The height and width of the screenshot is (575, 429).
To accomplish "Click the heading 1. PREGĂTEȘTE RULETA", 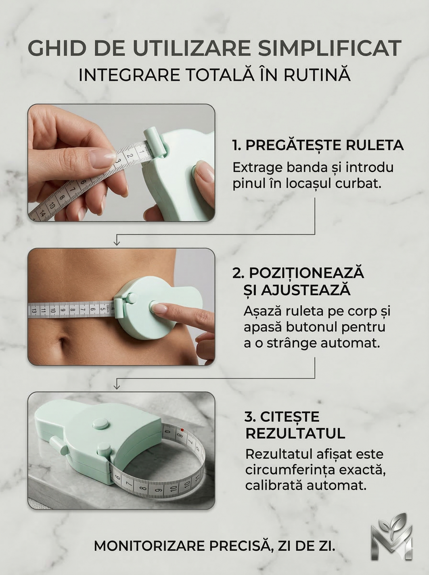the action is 318,145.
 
